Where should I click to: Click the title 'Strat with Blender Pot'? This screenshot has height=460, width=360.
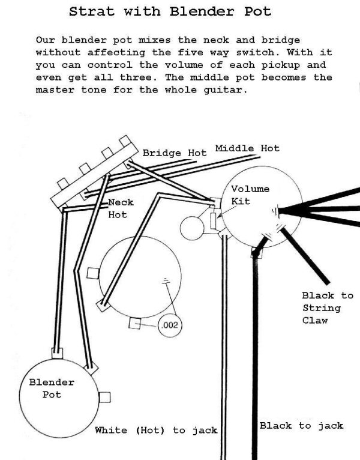(x=170, y=11)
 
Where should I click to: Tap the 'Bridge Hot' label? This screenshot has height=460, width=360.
(x=174, y=153)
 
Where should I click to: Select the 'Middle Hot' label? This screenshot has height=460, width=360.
(x=247, y=148)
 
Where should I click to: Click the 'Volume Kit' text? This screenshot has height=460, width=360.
(x=250, y=195)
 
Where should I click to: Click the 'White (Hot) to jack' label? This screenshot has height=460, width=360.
(x=155, y=430)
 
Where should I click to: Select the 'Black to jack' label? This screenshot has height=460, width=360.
(x=301, y=425)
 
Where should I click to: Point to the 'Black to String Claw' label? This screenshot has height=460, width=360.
(x=328, y=308)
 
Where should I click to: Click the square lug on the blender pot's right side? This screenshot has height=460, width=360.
(x=105, y=396)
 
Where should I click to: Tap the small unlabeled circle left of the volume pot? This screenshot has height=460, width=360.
(x=193, y=226)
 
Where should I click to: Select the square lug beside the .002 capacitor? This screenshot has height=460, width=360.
(x=136, y=324)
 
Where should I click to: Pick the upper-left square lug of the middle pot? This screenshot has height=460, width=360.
(x=92, y=273)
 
